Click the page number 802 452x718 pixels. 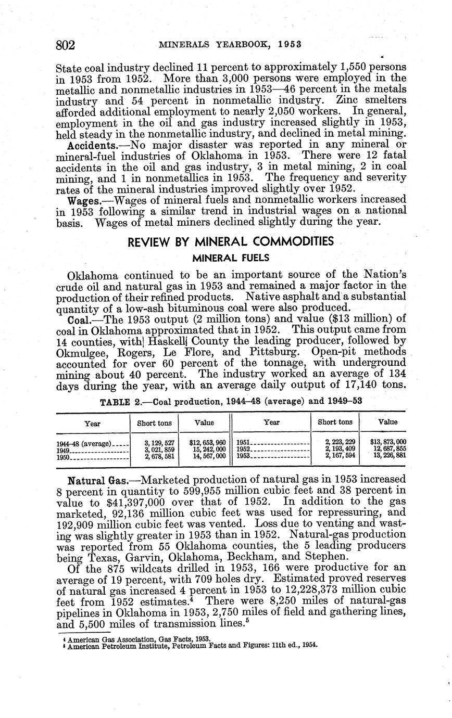pyautogui.click(x=66, y=45)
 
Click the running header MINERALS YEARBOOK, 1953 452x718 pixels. pyautogui.click(x=230, y=45)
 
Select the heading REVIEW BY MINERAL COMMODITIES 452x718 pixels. pyautogui.click(x=230, y=242)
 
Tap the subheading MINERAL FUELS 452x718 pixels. pyautogui.click(x=230, y=258)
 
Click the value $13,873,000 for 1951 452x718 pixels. pyautogui.click(x=387, y=442)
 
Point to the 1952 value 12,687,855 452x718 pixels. pyautogui.click(x=387, y=449)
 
